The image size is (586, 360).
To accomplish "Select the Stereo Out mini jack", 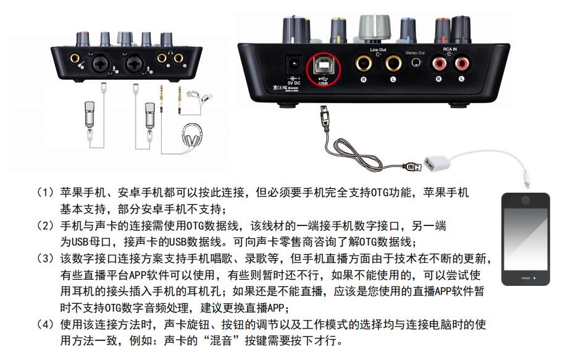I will tap(415, 64).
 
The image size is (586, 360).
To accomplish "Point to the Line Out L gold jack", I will tap(393, 63).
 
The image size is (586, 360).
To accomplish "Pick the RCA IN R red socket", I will tap(439, 63).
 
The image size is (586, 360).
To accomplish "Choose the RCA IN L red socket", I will tap(463, 63).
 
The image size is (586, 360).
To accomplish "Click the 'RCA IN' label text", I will tap(450, 49).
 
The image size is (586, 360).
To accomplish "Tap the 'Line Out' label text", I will tap(378, 49).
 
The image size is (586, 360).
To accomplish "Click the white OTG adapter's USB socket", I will tap(432, 165).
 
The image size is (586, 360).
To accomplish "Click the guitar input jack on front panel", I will tap(74, 60).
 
